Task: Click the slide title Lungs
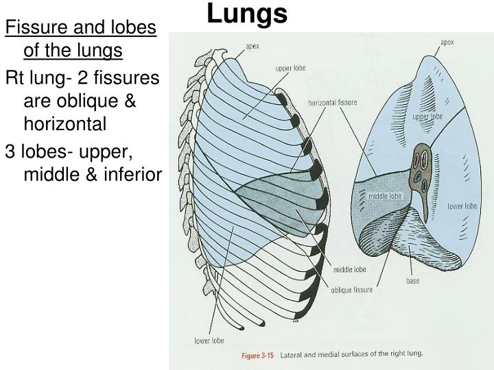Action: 247,13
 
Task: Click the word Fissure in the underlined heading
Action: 36,27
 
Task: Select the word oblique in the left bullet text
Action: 87,102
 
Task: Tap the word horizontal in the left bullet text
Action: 65,123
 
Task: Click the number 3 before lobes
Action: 10,151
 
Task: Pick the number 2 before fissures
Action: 82,77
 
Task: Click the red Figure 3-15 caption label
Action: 257,356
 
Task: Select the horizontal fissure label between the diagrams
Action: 332,103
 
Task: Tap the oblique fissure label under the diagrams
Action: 351,290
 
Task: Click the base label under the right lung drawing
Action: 413,281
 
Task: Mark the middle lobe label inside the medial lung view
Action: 385,196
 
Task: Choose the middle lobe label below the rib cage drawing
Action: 350,270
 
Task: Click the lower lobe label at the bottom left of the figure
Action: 209,341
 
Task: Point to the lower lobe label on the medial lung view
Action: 462,206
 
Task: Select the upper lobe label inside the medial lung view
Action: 427,116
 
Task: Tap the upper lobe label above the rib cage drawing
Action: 290,68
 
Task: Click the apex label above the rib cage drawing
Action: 252,47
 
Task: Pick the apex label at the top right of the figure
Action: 447,42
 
